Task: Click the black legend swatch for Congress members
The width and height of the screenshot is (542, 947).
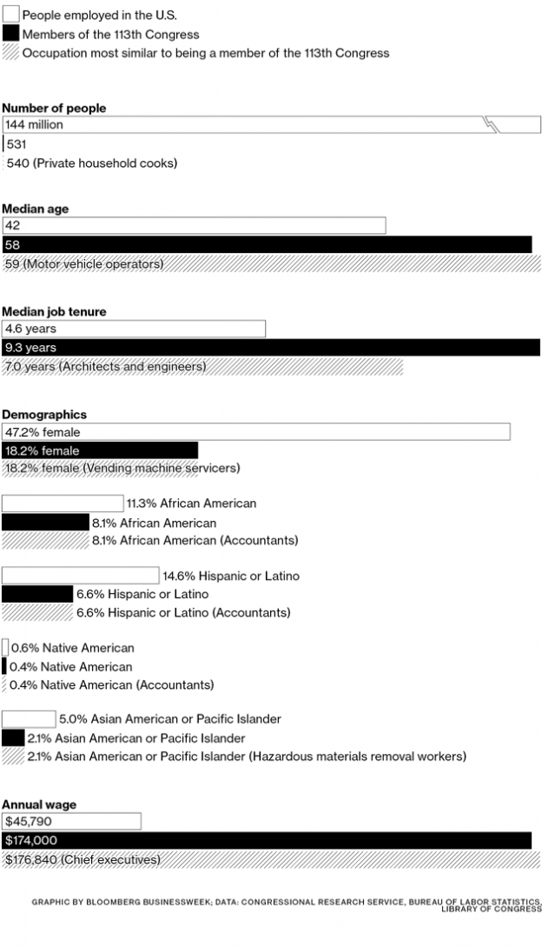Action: click(x=10, y=34)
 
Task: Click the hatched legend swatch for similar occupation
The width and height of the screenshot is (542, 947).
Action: click(x=10, y=52)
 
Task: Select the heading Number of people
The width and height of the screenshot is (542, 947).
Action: click(x=54, y=108)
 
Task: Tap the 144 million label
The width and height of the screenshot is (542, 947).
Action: click(x=34, y=125)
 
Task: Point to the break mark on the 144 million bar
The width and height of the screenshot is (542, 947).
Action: click(x=492, y=125)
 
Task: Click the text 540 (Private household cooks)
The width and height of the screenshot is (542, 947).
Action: click(x=91, y=163)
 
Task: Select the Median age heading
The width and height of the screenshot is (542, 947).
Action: click(x=36, y=210)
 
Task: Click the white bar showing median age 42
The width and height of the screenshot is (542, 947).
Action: click(x=194, y=226)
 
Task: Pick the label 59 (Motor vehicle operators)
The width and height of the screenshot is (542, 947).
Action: click(x=83, y=263)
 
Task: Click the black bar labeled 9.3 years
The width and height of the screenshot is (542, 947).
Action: click(x=271, y=348)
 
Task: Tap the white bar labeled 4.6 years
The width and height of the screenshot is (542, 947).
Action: click(x=134, y=329)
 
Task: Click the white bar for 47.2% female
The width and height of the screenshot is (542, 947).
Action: click(x=256, y=431)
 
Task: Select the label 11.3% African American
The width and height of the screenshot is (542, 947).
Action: click(x=191, y=504)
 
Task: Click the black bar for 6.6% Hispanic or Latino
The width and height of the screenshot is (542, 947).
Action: click(x=37, y=594)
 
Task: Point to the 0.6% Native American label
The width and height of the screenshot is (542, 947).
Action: click(x=72, y=648)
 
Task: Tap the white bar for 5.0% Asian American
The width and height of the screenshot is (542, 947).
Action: click(x=29, y=719)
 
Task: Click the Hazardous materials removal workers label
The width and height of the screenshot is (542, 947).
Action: click(x=357, y=757)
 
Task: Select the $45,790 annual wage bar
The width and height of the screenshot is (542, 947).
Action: click(x=71, y=821)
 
